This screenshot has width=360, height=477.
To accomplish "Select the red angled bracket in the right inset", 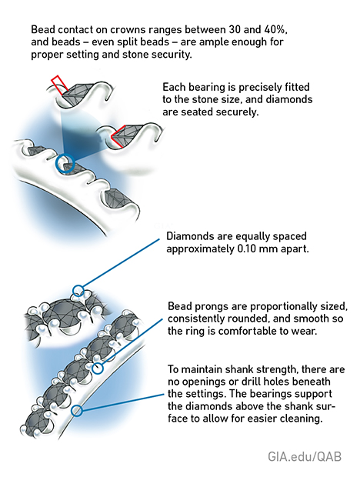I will point(118,138).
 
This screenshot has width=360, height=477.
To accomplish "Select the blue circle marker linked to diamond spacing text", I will point(77,291).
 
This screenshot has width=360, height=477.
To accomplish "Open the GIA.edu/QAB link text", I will point(295,456).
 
